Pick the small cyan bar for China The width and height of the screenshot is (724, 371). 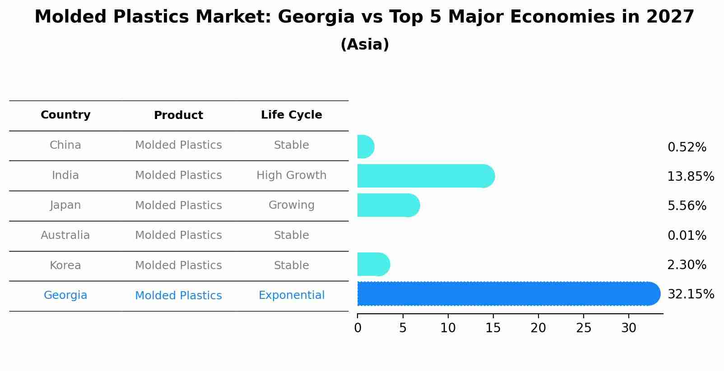tap(365, 147)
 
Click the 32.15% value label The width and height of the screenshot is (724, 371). tap(691, 294)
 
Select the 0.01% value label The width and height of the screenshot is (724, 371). tap(687, 235)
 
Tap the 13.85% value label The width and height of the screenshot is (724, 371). tap(691, 176)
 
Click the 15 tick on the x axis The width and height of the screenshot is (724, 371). tap(493, 328)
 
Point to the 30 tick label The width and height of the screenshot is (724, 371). tap(629, 328)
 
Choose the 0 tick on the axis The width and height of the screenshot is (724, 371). tap(358, 328)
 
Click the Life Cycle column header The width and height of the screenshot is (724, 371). tap(291, 115)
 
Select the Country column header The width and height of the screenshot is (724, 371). tap(65, 115)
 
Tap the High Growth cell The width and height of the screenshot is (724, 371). tap(291, 175)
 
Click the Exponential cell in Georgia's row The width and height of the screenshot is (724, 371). tap(291, 295)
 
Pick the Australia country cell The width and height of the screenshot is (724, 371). tap(65, 235)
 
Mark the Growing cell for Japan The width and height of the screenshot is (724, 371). tap(291, 205)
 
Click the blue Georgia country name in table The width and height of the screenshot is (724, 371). tap(65, 295)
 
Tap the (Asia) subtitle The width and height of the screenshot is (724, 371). tap(365, 45)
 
